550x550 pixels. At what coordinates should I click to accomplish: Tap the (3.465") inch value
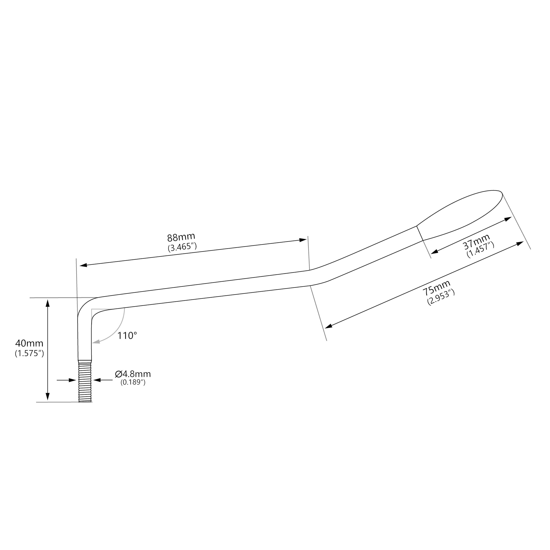182,246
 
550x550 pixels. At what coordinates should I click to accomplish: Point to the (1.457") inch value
481,250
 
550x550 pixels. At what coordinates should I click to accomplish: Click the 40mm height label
29,343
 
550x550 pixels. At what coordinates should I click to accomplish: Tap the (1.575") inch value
29,353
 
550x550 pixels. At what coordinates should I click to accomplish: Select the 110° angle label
127,336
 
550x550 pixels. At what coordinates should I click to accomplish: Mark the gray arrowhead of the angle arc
96,342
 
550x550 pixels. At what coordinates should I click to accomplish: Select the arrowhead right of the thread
97,380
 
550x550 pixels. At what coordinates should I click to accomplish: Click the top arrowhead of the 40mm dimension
47,303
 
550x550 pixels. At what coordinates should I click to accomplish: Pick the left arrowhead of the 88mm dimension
83,265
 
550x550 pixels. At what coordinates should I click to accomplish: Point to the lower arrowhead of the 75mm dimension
328,326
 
